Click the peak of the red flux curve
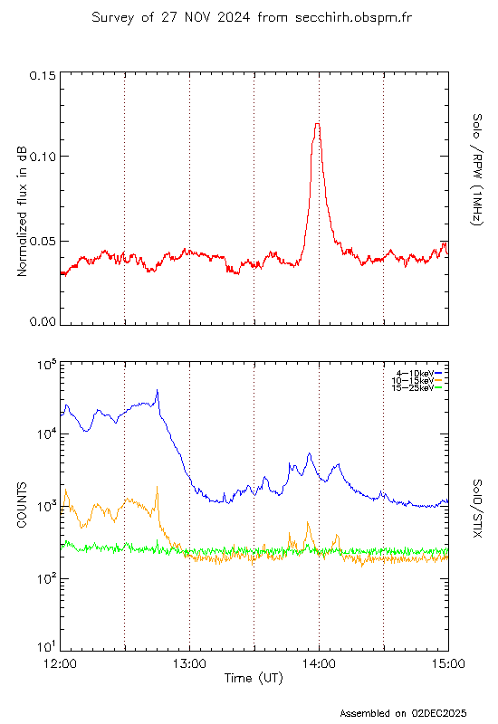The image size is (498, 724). point(318,124)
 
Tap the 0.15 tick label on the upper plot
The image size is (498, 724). point(43,75)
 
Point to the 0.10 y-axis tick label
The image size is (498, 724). point(43,157)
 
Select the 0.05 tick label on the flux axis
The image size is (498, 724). point(43,241)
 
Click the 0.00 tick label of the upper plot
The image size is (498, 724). point(43,321)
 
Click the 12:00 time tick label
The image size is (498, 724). point(60,664)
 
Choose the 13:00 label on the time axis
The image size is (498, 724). point(189,664)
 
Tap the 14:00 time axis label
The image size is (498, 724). point(319,664)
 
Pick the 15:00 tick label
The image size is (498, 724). point(448,664)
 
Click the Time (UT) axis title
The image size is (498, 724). point(254,678)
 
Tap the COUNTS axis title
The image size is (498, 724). point(22,505)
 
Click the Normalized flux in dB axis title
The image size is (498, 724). point(22,212)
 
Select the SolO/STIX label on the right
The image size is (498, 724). point(477,508)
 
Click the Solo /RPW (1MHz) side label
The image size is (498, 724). point(477,169)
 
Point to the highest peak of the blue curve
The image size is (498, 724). point(157,390)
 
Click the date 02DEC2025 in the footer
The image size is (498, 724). point(439,713)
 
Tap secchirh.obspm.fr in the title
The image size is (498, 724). point(353,17)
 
